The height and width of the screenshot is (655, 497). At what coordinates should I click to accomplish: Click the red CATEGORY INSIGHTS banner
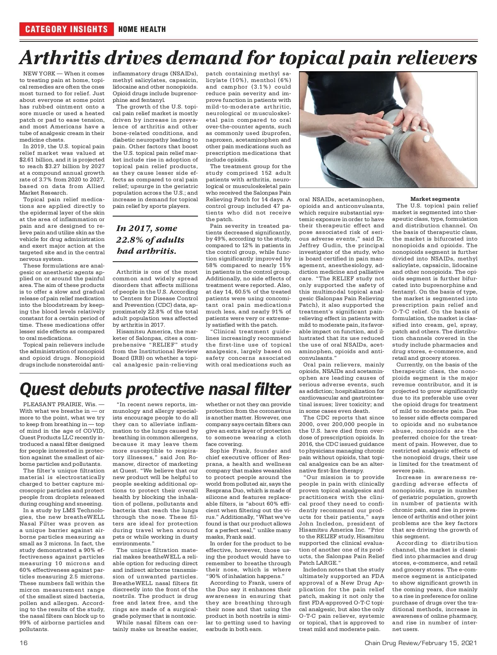click(x=66, y=29)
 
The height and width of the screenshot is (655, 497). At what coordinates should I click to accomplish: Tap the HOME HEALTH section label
click(x=142, y=29)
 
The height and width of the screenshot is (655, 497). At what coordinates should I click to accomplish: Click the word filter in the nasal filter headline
click(x=269, y=389)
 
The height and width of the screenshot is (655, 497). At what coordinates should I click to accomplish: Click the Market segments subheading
click(x=434, y=199)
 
